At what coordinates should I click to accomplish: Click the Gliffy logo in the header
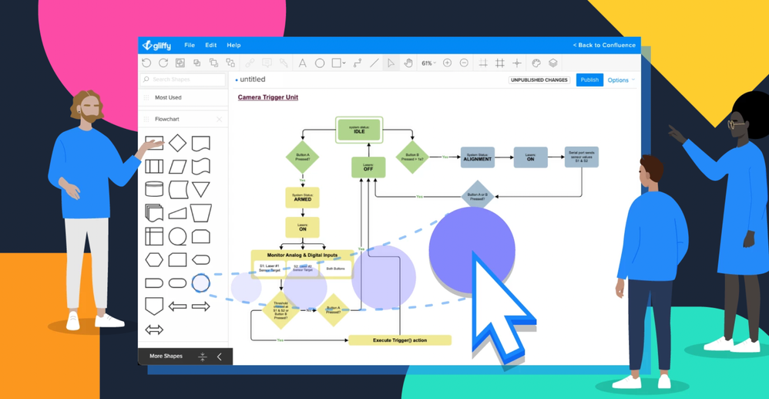click(x=157, y=46)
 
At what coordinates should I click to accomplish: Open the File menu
click(x=190, y=46)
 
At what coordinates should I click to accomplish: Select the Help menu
click(x=233, y=46)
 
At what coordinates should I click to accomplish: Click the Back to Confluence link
click(x=604, y=46)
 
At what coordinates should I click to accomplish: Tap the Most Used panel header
click(x=168, y=98)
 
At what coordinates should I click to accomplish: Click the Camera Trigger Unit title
click(x=267, y=97)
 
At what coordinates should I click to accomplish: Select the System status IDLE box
click(x=359, y=130)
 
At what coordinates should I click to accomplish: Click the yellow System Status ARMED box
click(x=302, y=198)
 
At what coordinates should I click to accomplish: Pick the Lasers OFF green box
click(x=368, y=167)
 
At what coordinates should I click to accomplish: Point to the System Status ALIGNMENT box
click(x=478, y=157)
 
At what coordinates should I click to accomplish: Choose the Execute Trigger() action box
click(x=400, y=340)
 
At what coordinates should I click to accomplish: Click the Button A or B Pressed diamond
click(x=478, y=196)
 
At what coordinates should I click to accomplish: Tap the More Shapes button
click(x=166, y=357)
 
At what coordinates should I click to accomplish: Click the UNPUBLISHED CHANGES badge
click(x=539, y=80)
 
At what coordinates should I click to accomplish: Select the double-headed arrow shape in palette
click(x=154, y=330)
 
